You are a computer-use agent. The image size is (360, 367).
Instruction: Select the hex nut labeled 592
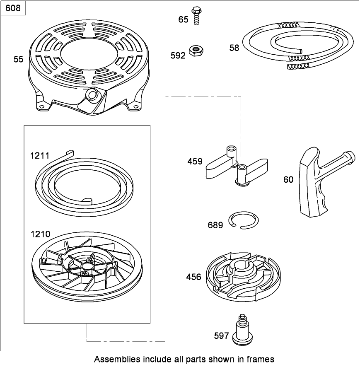(196, 51)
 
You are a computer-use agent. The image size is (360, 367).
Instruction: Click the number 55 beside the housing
(18, 59)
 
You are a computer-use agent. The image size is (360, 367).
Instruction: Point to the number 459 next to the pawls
(195, 161)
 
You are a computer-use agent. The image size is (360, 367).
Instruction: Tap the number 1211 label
(40, 156)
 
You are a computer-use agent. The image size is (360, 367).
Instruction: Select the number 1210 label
(40, 234)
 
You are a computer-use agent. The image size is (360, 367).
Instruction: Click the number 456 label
(194, 277)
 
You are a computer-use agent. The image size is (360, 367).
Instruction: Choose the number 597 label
(221, 336)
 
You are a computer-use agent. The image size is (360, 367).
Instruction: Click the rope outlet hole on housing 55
(92, 95)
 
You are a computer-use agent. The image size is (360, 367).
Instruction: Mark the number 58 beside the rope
(234, 48)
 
